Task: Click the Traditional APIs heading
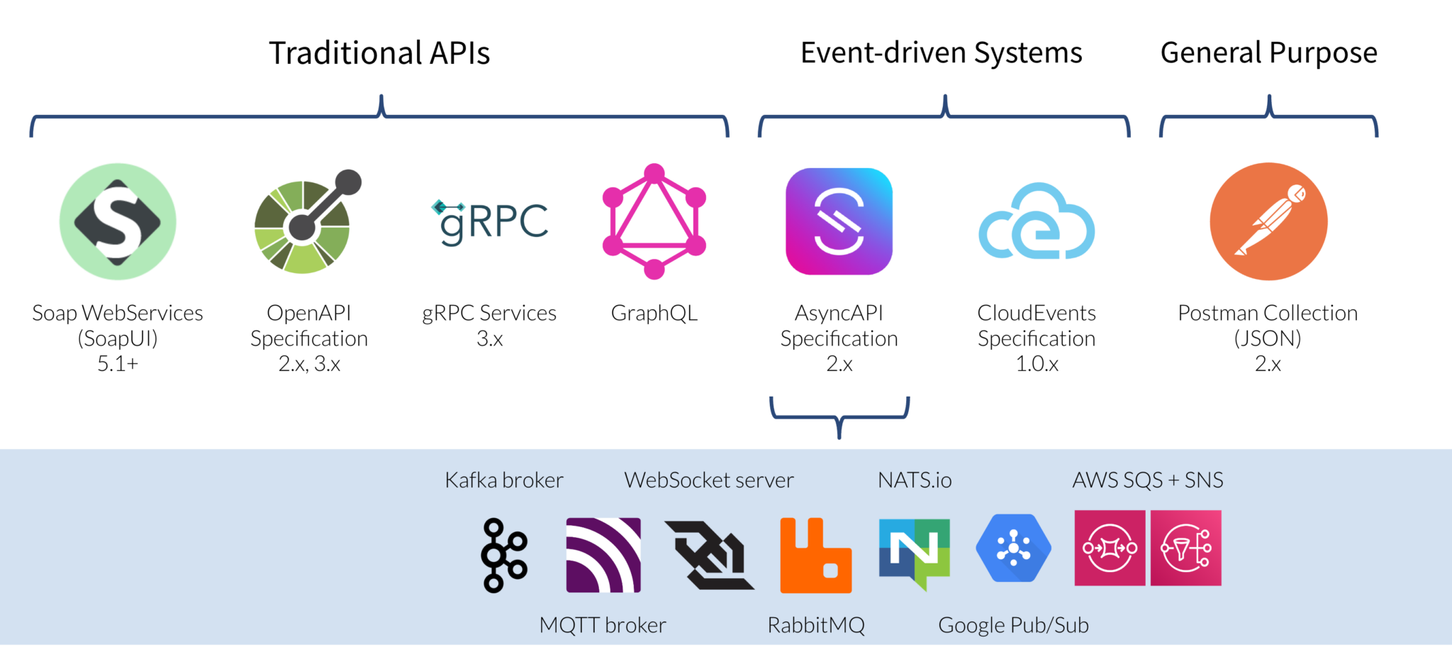pos(379,53)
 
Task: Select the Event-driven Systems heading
pos(941,53)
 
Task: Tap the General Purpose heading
pos(1268,53)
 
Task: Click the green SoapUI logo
pos(118,221)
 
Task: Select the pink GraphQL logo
pos(654,221)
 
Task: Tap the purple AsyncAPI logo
pos(839,221)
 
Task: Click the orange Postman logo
pos(1268,221)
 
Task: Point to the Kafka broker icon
pos(503,555)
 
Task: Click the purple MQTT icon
pos(603,555)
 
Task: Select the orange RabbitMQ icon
pos(815,556)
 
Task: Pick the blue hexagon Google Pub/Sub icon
pos(1013,548)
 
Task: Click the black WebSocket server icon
pos(709,556)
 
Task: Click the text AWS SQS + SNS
pos(1147,480)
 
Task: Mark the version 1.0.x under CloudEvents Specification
pos(1037,364)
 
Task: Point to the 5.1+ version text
pos(118,364)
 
